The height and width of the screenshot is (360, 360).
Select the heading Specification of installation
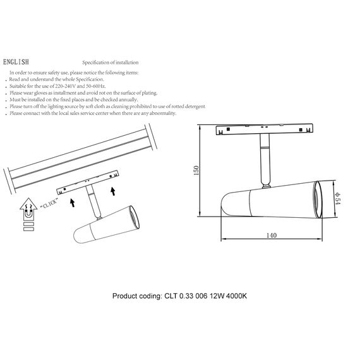pos(110,63)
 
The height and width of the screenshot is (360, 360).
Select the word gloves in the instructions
pos(39,92)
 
